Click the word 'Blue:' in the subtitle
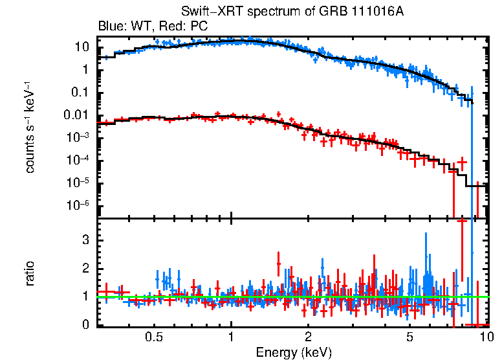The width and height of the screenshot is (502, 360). pyautogui.click(x=111, y=27)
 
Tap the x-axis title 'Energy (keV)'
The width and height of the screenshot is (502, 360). pyautogui.click(x=294, y=352)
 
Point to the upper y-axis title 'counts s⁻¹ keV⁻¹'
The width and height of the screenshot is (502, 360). pyautogui.click(x=30, y=128)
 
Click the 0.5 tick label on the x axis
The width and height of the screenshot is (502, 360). pyautogui.click(x=153, y=337)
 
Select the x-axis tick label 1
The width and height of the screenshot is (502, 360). pyautogui.click(x=231, y=337)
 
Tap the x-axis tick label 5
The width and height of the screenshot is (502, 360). pyautogui.click(x=410, y=337)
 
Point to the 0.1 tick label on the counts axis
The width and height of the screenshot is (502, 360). pyautogui.click(x=81, y=93)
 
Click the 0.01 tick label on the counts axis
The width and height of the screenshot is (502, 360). pyautogui.click(x=78, y=115)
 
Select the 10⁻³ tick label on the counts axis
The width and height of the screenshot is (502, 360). pyautogui.click(x=78, y=138)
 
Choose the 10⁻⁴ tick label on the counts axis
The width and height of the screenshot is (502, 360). pyautogui.click(x=78, y=161)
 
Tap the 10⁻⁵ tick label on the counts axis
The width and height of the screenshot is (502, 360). pyautogui.click(x=78, y=183)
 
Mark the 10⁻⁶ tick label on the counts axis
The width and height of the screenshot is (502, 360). pyautogui.click(x=78, y=206)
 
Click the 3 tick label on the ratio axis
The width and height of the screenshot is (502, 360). pyautogui.click(x=84, y=240)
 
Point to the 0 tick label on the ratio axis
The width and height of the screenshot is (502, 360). pyautogui.click(x=84, y=325)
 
